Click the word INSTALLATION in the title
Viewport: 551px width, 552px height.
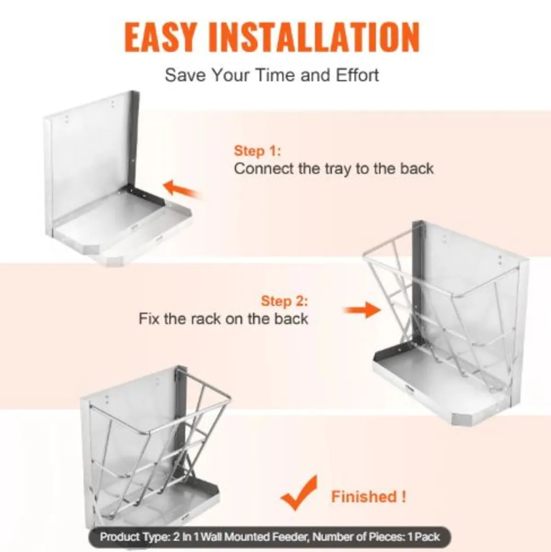coord(314,36)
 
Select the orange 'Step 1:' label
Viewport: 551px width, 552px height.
coord(257,151)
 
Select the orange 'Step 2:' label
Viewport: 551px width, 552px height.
coord(284,301)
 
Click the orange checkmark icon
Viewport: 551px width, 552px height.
coord(299,493)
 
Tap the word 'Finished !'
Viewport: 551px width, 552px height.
coord(368,497)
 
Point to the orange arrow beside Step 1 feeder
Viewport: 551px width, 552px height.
coord(182,189)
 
